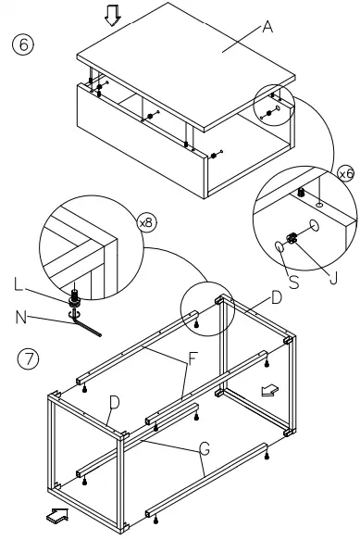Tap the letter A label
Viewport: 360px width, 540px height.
(x=268, y=29)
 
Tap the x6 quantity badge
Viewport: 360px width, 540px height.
(x=346, y=173)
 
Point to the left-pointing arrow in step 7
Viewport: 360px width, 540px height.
(x=269, y=392)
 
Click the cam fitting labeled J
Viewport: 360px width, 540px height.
(x=292, y=238)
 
